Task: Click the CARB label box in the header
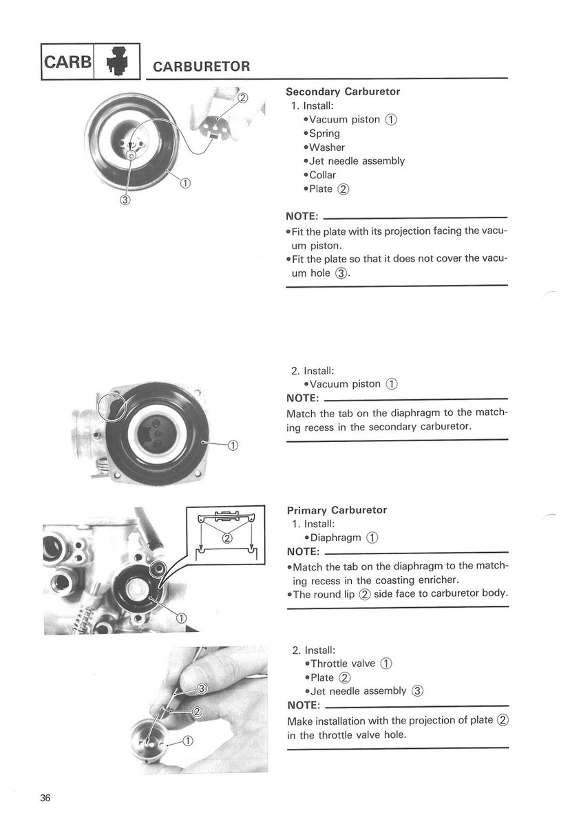pos(67,61)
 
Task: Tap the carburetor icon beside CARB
pos(116,61)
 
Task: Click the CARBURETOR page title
pos(201,67)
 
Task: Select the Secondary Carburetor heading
pos(342,92)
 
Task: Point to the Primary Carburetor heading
pos(337,510)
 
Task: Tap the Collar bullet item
pos(323,175)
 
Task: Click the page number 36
pos(45,798)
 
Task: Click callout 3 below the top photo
pos(125,200)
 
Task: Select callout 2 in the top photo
pos(242,97)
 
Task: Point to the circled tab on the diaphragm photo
pos(111,406)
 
